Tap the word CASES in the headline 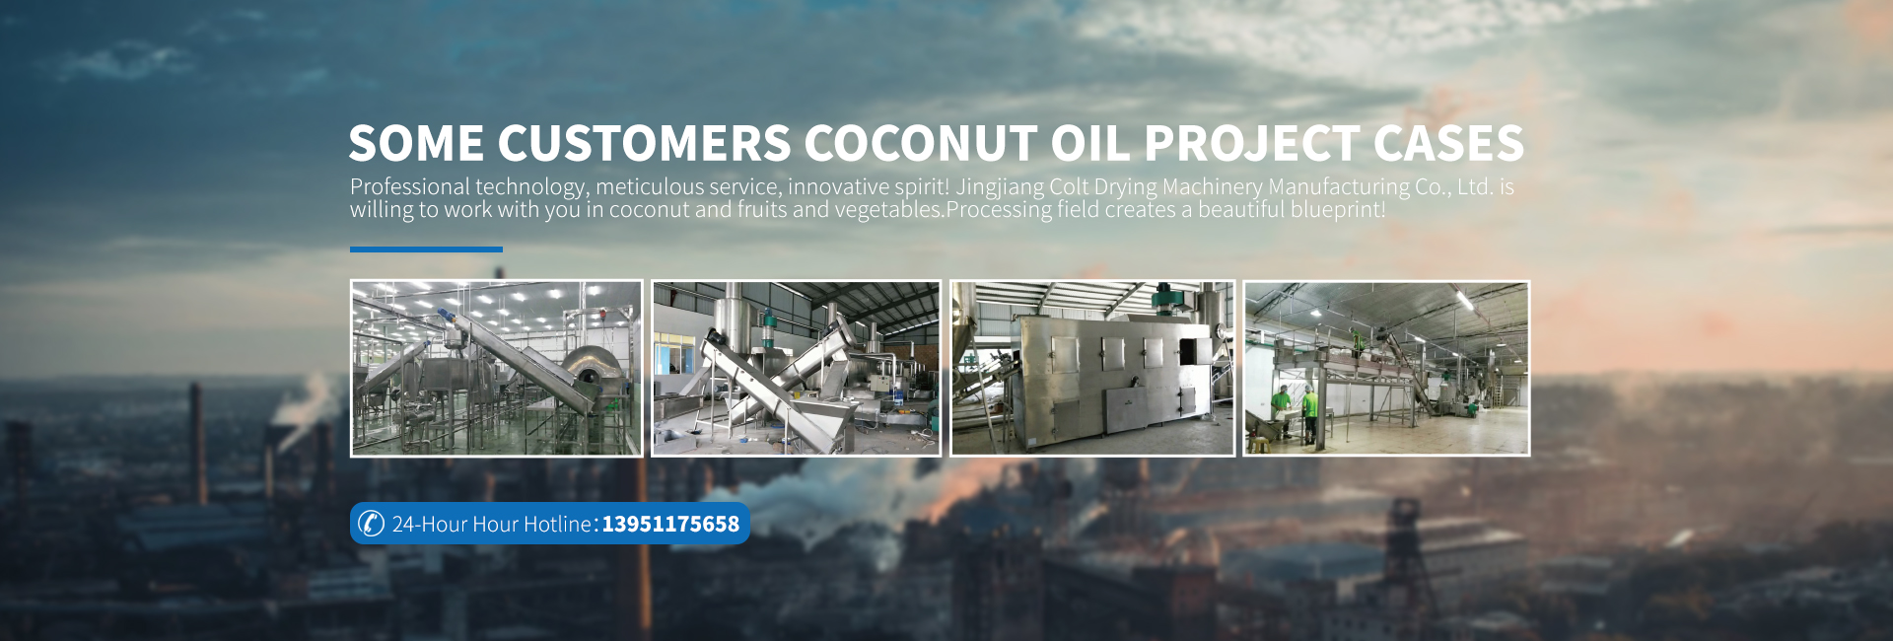(1448, 144)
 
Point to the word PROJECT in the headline (1252, 144)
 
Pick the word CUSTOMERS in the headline (644, 144)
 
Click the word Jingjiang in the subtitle (1000, 187)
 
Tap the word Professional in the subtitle (410, 186)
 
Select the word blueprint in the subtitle (1335, 209)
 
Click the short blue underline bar (426, 249)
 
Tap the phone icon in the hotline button (371, 523)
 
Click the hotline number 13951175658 (670, 524)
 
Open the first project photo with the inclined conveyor (496, 368)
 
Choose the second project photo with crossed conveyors (796, 368)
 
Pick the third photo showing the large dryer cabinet (1092, 368)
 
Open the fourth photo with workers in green (1386, 368)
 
